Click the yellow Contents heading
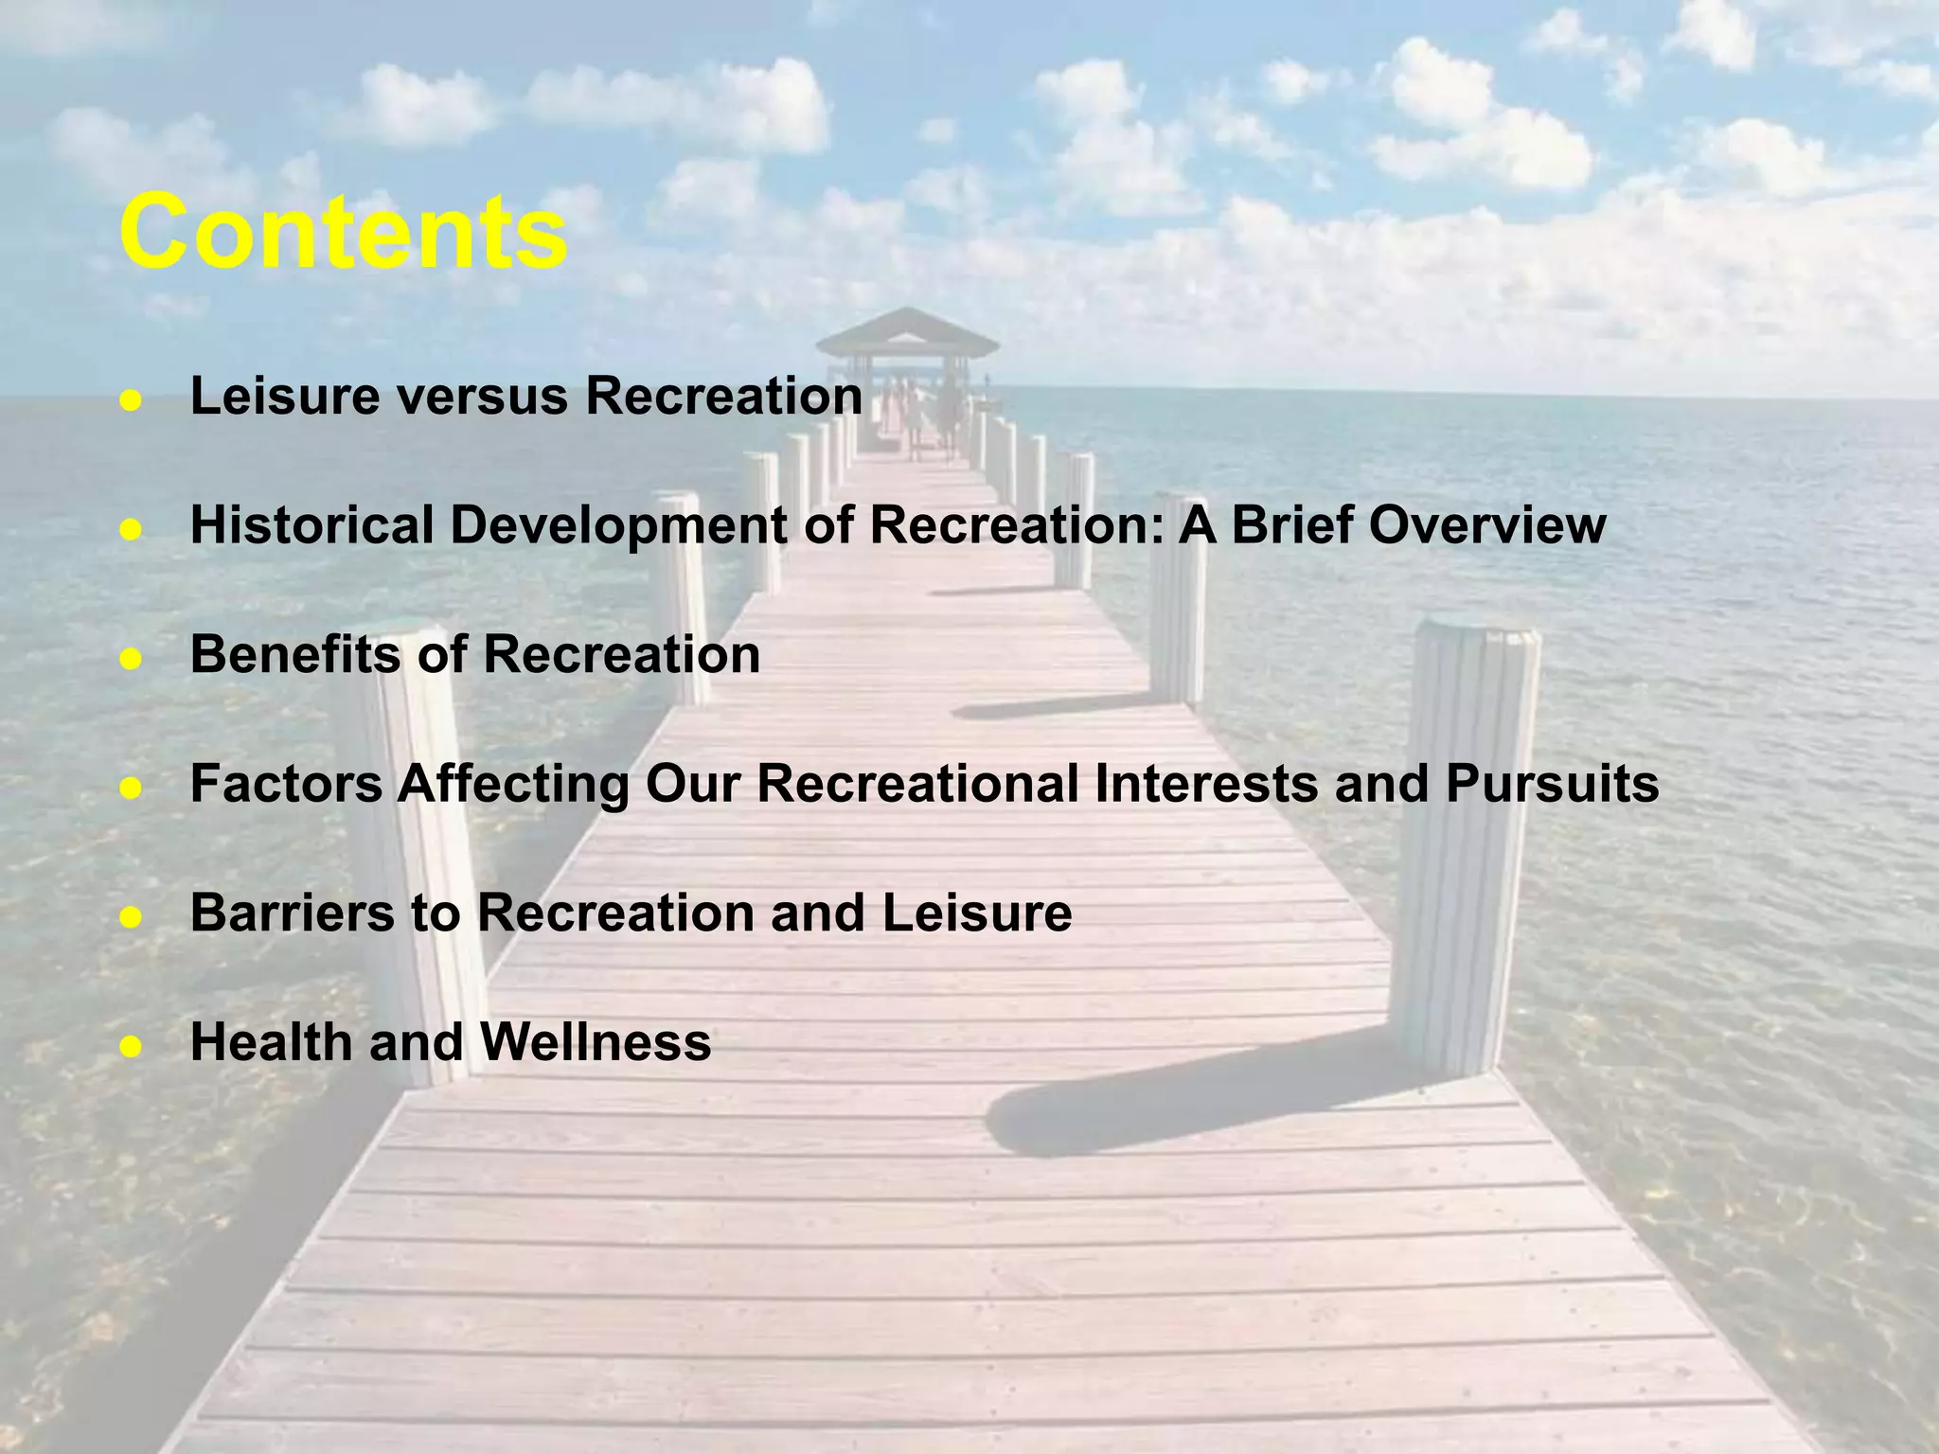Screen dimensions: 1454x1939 tap(343, 232)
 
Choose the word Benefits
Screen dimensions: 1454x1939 tap(295, 654)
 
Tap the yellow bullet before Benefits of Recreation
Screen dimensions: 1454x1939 tap(131, 659)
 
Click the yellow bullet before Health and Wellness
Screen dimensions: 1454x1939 tap(131, 1047)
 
